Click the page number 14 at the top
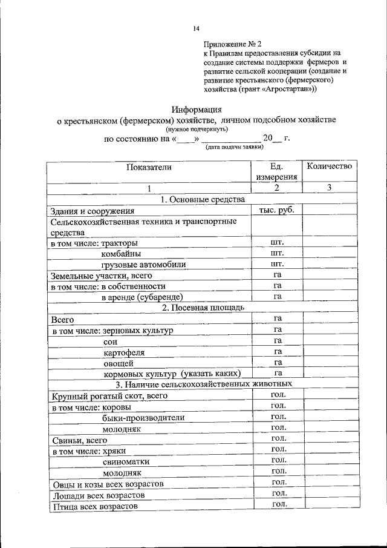(x=196, y=28)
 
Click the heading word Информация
(x=197, y=110)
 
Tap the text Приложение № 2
(x=233, y=44)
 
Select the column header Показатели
(x=149, y=167)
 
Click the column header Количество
(x=330, y=166)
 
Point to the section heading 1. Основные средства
(x=202, y=199)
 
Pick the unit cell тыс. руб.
(x=277, y=210)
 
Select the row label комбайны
(x=122, y=254)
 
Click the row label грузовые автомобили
(x=143, y=265)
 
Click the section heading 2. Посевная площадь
(x=203, y=308)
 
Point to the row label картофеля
(x=124, y=352)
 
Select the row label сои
(x=109, y=341)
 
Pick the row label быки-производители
(x=143, y=417)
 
